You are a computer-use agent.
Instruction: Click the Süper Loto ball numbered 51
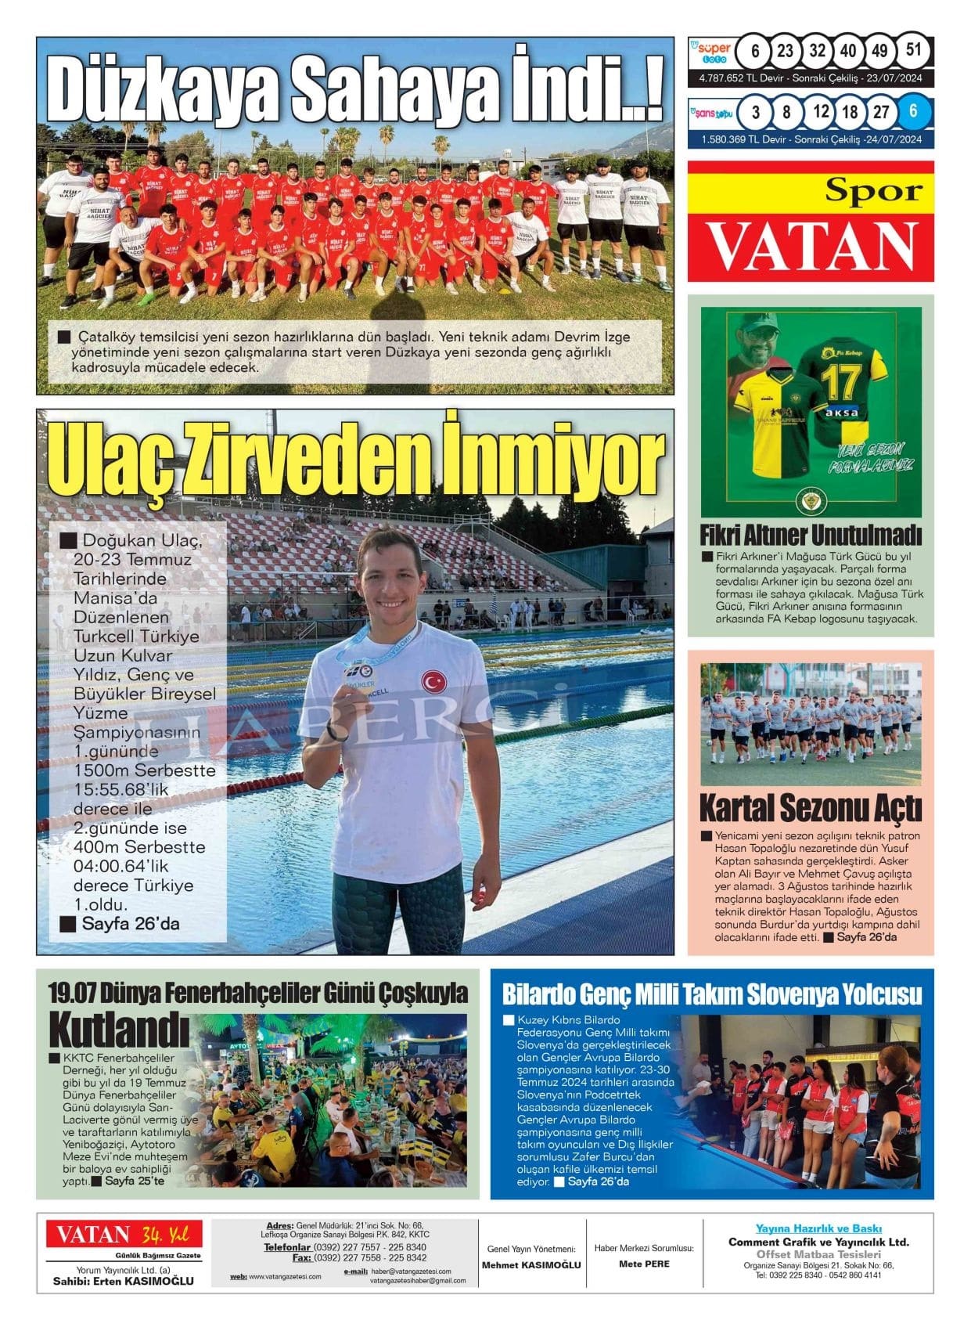point(912,50)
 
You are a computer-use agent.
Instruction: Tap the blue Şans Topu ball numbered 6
point(912,111)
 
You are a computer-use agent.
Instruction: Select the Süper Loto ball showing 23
point(785,51)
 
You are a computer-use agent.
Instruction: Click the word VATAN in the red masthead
point(811,246)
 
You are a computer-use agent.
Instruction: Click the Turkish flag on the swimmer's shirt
point(433,680)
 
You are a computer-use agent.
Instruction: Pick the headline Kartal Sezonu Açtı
point(810,807)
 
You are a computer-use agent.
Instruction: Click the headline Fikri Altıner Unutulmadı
point(810,536)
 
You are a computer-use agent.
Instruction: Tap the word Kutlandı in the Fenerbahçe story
point(118,1029)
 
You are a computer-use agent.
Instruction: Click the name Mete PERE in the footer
point(644,1264)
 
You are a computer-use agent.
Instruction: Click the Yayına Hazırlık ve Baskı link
point(818,1228)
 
